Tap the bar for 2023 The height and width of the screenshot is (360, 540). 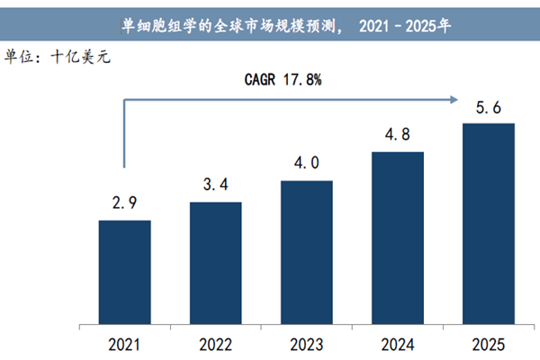[306, 254]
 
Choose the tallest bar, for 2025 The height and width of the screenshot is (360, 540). [488, 225]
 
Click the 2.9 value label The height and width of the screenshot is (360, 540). [124, 204]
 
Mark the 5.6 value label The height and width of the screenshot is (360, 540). [488, 108]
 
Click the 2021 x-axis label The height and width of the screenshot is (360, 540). [124, 345]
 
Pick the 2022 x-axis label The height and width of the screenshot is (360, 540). [215, 345]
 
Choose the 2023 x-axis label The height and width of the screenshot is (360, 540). [306, 345]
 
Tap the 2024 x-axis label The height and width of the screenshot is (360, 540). [397, 345]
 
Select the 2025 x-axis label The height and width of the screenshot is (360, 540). [488, 345]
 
